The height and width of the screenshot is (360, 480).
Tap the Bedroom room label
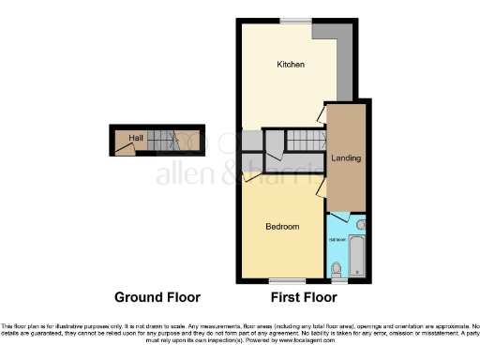click(281, 227)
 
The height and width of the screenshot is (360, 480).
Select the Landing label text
click(345, 158)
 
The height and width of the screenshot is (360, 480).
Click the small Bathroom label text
click(337, 237)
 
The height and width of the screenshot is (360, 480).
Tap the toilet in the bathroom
click(337, 269)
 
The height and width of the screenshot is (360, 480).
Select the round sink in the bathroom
click(361, 225)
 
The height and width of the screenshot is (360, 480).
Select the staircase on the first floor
click(303, 141)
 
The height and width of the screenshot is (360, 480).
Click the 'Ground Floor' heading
click(157, 298)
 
